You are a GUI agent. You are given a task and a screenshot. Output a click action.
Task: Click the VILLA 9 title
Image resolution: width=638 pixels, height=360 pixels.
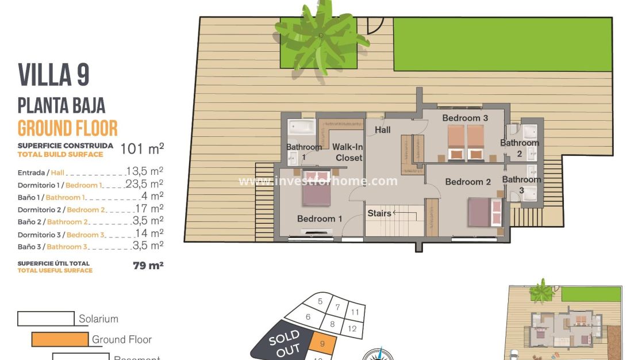coord(54,75)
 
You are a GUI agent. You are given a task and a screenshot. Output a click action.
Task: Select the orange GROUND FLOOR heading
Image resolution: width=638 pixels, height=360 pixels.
coord(68,128)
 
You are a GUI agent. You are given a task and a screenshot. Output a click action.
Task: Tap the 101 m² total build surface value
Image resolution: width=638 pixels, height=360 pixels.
coord(142,149)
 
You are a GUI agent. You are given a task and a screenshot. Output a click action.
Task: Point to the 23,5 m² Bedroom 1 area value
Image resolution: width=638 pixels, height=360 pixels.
coord(144,184)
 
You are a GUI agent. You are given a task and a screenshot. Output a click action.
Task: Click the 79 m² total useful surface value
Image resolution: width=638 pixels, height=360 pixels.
coord(148,265)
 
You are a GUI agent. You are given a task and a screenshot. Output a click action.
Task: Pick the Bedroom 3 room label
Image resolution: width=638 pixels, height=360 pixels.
coord(465,118)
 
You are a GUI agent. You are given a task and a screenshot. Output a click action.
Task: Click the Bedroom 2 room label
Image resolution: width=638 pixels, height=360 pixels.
coord(468,182)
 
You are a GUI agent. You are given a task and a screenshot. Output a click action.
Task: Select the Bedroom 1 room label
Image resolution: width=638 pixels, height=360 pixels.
coord(320,219)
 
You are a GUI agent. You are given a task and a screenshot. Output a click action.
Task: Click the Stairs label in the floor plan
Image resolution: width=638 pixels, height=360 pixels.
coord(379,213)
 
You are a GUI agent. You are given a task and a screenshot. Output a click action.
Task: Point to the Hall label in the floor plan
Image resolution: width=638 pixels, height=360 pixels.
coord(383,130)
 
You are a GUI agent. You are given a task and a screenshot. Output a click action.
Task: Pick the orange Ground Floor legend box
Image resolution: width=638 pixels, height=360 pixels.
coord(60,339)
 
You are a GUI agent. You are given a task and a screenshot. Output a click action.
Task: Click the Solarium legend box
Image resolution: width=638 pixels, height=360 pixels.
coord(46,319)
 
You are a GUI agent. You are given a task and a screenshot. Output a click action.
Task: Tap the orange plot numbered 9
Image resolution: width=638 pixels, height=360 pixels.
coord(322,345)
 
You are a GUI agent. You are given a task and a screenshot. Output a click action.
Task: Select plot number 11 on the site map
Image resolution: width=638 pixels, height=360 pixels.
coord(355,312)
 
